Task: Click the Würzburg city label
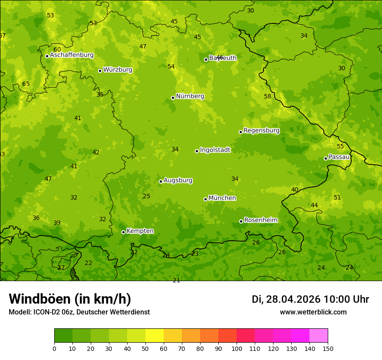coord(118,70)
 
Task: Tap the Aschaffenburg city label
coord(72,55)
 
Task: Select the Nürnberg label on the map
coord(190,96)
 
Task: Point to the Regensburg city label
coord(261,131)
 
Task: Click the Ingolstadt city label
coord(215,150)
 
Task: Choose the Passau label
coord(339,157)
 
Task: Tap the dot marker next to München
coord(205,199)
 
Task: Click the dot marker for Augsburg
coord(161,181)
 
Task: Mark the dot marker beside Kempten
coord(123,232)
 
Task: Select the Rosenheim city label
coord(260,220)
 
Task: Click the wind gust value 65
coord(26,84)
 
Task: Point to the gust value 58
coord(267,96)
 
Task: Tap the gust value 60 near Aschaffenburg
coord(57,49)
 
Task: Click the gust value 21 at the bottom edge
coord(176,280)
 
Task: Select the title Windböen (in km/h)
coord(70,299)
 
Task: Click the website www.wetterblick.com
coord(313,312)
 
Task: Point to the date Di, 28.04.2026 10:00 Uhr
coord(310,299)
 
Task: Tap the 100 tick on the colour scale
coord(237,348)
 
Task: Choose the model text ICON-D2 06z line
coord(79,312)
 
